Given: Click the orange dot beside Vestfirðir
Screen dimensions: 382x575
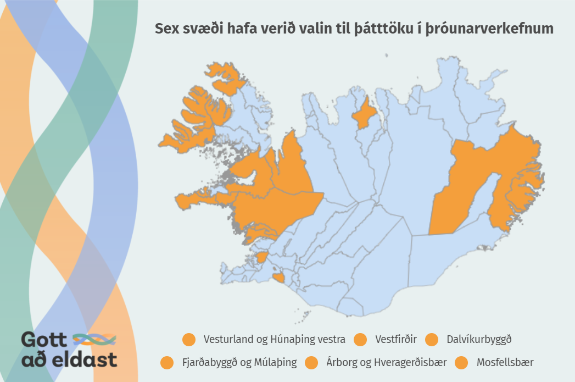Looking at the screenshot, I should (361, 340).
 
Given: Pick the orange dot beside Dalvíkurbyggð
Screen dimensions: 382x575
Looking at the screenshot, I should (432, 340).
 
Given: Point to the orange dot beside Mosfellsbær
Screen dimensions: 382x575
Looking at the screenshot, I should (462, 363).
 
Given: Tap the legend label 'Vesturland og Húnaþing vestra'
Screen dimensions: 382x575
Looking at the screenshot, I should (274, 340).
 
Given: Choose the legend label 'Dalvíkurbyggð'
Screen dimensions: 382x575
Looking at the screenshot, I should (479, 340).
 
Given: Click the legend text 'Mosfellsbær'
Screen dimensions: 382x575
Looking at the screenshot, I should (505, 363).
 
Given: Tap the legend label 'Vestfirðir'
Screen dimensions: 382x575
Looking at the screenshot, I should (396, 340).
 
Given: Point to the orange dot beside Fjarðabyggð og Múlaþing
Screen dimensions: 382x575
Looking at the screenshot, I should (167, 363).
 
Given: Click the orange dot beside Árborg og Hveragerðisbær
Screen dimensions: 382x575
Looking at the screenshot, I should (312, 363).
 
